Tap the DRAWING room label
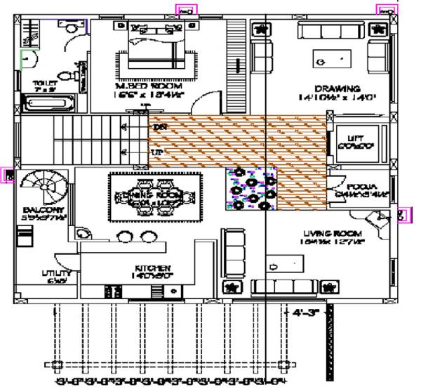pyautogui.click(x=338, y=89)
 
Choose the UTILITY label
pyautogui.click(x=57, y=273)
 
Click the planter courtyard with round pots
pyautogui.click(x=250, y=190)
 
